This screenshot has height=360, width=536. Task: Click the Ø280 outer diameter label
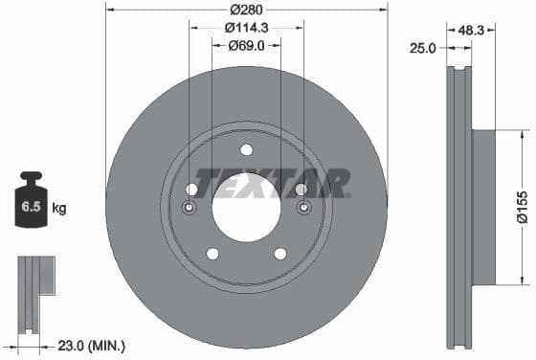(x=246, y=10)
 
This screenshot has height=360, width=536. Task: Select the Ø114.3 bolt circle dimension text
(x=247, y=28)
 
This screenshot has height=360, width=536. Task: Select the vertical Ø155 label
(x=522, y=207)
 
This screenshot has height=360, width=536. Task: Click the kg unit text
(x=59, y=207)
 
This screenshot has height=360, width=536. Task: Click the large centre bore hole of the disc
(x=246, y=206)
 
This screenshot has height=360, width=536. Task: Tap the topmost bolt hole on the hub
(x=246, y=149)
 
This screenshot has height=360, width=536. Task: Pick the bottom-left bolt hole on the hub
(x=212, y=254)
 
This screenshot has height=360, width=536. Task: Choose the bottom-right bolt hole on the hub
(x=280, y=254)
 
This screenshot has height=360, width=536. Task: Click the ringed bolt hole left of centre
(x=190, y=208)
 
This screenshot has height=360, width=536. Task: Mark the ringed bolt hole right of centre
(x=303, y=208)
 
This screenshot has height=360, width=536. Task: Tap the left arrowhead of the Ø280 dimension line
(x=109, y=10)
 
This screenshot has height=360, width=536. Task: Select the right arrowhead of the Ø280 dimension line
(x=384, y=10)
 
